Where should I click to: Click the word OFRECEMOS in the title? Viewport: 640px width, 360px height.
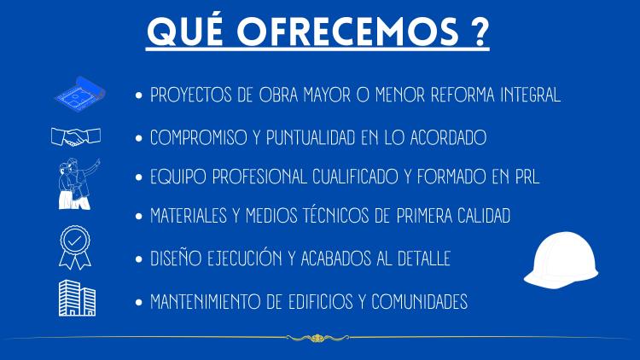(348, 32)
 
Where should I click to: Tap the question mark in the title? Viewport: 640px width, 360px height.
(480, 32)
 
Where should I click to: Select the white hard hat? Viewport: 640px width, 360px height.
(561, 260)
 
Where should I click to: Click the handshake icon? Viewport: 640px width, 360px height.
(76, 136)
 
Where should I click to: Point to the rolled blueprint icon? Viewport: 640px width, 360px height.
(80, 94)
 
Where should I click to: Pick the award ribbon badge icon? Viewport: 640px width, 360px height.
(75, 247)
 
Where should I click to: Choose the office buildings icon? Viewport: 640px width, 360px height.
(77, 299)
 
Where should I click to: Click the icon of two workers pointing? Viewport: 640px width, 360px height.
(78, 184)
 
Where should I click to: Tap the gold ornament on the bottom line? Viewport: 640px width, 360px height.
(317, 338)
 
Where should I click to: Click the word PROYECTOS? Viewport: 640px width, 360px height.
(190, 95)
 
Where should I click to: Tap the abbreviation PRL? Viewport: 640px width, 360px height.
(527, 177)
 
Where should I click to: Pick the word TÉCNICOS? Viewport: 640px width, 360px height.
(336, 215)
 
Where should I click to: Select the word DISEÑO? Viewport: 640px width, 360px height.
(176, 258)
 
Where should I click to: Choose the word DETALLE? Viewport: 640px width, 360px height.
(424, 258)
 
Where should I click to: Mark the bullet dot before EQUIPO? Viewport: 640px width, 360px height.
(139, 177)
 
